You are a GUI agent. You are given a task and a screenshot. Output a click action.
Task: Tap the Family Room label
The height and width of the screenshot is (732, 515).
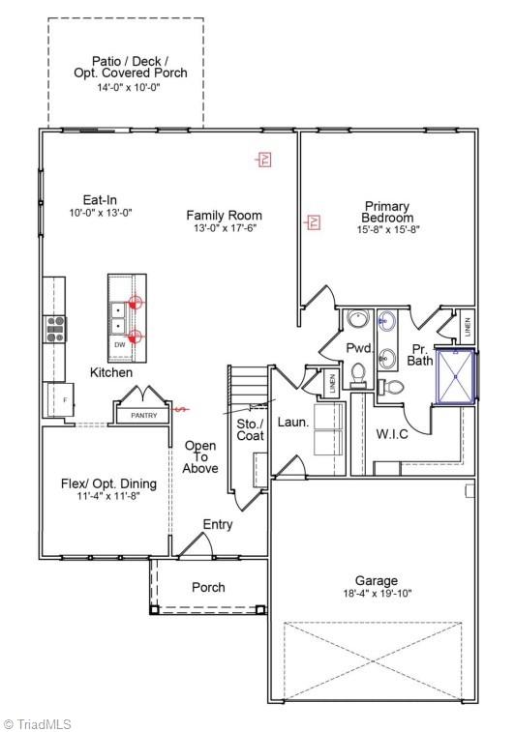[x=224, y=216]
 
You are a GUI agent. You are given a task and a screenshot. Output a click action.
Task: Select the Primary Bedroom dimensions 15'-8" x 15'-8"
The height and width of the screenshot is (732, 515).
[x=386, y=229]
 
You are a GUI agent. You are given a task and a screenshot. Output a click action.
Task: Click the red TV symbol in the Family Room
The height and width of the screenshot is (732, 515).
[x=263, y=160]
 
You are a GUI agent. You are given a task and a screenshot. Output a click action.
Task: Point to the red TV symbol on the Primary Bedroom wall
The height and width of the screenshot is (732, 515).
[x=313, y=223]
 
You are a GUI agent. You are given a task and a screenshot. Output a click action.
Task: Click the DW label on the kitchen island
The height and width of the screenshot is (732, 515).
[x=119, y=344]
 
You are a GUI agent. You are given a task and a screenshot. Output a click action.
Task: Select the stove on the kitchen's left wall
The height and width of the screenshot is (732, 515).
[x=54, y=331]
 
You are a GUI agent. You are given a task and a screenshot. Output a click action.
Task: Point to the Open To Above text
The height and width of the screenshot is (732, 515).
[x=200, y=456]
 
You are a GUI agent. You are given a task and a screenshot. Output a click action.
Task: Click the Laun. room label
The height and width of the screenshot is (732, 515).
[x=292, y=423]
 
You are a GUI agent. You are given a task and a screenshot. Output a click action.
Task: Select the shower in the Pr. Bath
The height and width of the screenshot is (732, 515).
[x=455, y=376]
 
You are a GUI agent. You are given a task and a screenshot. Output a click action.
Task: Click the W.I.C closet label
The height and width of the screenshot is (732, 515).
[x=392, y=434]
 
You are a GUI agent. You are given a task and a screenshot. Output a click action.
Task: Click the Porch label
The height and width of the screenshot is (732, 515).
[x=208, y=587]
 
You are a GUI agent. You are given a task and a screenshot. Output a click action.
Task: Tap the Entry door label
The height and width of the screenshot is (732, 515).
[x=217, y=524]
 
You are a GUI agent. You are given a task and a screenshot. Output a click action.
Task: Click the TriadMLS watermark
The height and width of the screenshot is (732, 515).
[x=37, y=723]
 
